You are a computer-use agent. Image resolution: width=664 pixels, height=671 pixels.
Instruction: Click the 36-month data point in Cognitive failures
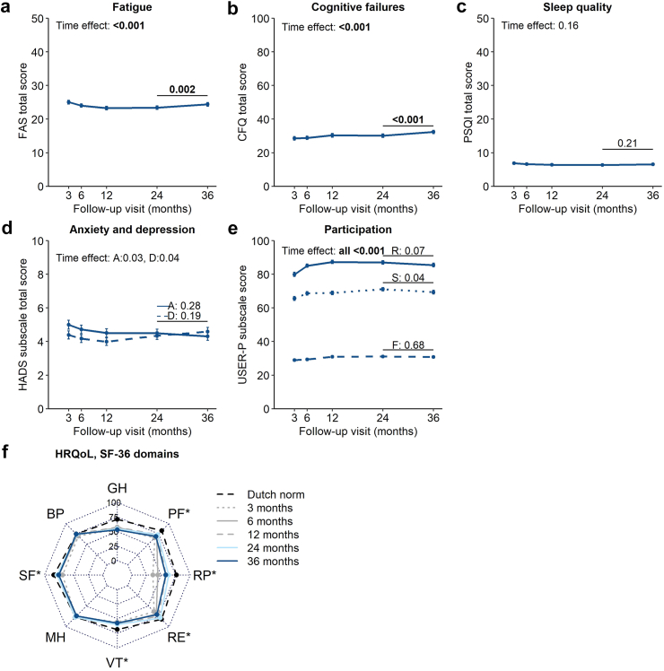point(432,132)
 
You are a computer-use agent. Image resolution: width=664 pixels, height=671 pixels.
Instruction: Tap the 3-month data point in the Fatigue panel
point(68,102)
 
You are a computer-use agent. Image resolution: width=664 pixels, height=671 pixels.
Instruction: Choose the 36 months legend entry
point(272,562)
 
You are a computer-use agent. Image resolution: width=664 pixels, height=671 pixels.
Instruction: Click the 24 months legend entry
point(272,548)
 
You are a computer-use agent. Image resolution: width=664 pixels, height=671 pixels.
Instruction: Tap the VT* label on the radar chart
point(118,660)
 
